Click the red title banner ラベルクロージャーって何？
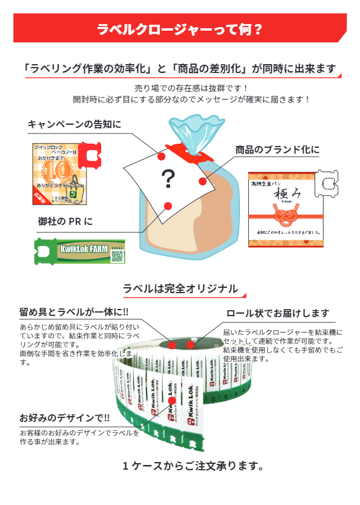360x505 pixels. pyautogui.click(x=179, y=28)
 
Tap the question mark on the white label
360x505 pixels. pyautogui.click(x=168, y=178)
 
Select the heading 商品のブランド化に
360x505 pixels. pyautogui.click(x=278, y=149)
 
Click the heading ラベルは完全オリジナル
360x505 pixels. pyautogui.click(x=180, y=289)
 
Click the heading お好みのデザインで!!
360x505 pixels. pyautogui.click(x=64, y=418)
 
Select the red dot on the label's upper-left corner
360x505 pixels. pyautogui.click(x=161, y=156)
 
